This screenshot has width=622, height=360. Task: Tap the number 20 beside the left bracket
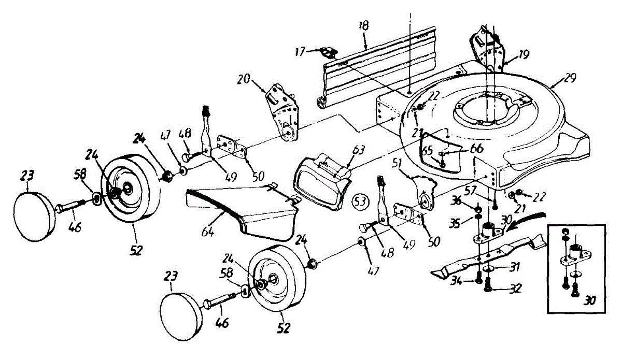244,79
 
